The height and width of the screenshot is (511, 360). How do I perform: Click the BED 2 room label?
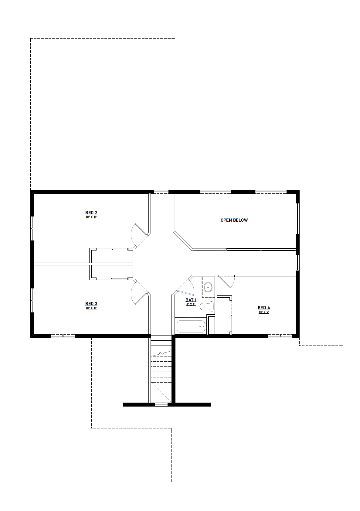pyautogui.click(x=91, y=213)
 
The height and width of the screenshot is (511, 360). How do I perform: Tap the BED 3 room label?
pyautogui.click(x=91, y=303)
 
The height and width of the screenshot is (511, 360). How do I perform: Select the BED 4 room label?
pyautogui.click(x=264, y=308)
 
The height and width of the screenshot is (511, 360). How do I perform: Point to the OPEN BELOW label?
pyautogui.click(x=234, y=220)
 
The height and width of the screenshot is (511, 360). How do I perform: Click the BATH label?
pyautogui.click(x=191, y=300)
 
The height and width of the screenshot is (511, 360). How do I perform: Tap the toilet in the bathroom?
pyautogui.click(x=206, y=306)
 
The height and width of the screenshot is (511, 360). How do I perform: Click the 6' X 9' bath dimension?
pyautogui.click(x=191, y=304)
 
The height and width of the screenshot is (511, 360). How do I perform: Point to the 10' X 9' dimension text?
pyautogui.click(x=264, y=312)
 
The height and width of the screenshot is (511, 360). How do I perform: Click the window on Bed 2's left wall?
pyautogui.click(x=32, y=228)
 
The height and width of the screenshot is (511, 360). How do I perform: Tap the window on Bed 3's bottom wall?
pyautogui.click(x=63, y=336)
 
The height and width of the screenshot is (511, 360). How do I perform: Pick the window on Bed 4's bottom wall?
pyautogui.click(x=280, y=336)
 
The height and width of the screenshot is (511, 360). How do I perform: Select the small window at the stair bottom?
pyautogui.click(x=161, y=404)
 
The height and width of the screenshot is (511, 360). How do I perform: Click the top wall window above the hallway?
pyautogui.click(x=161, y=192)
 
